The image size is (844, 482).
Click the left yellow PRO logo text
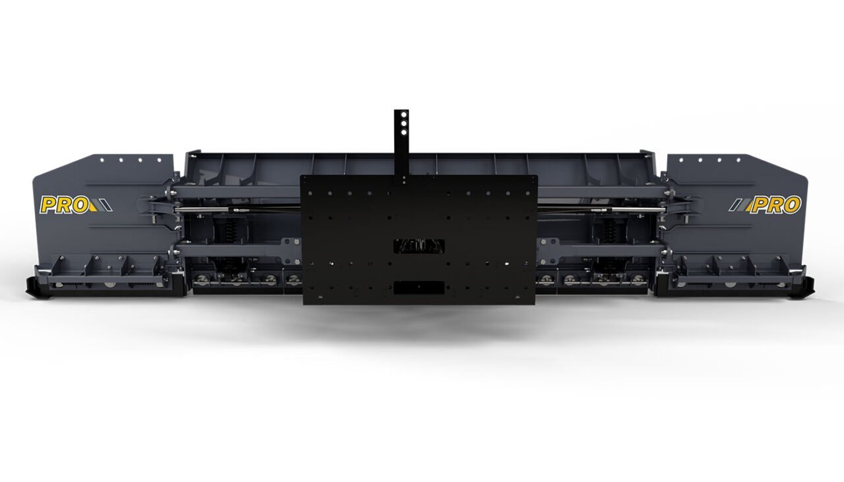pyautogui.click(x=64, y=205)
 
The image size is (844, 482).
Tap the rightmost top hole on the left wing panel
pyautogui.click(x=158, y=160)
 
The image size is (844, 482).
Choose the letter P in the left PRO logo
pyautogui.click(x=49, y=205)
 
